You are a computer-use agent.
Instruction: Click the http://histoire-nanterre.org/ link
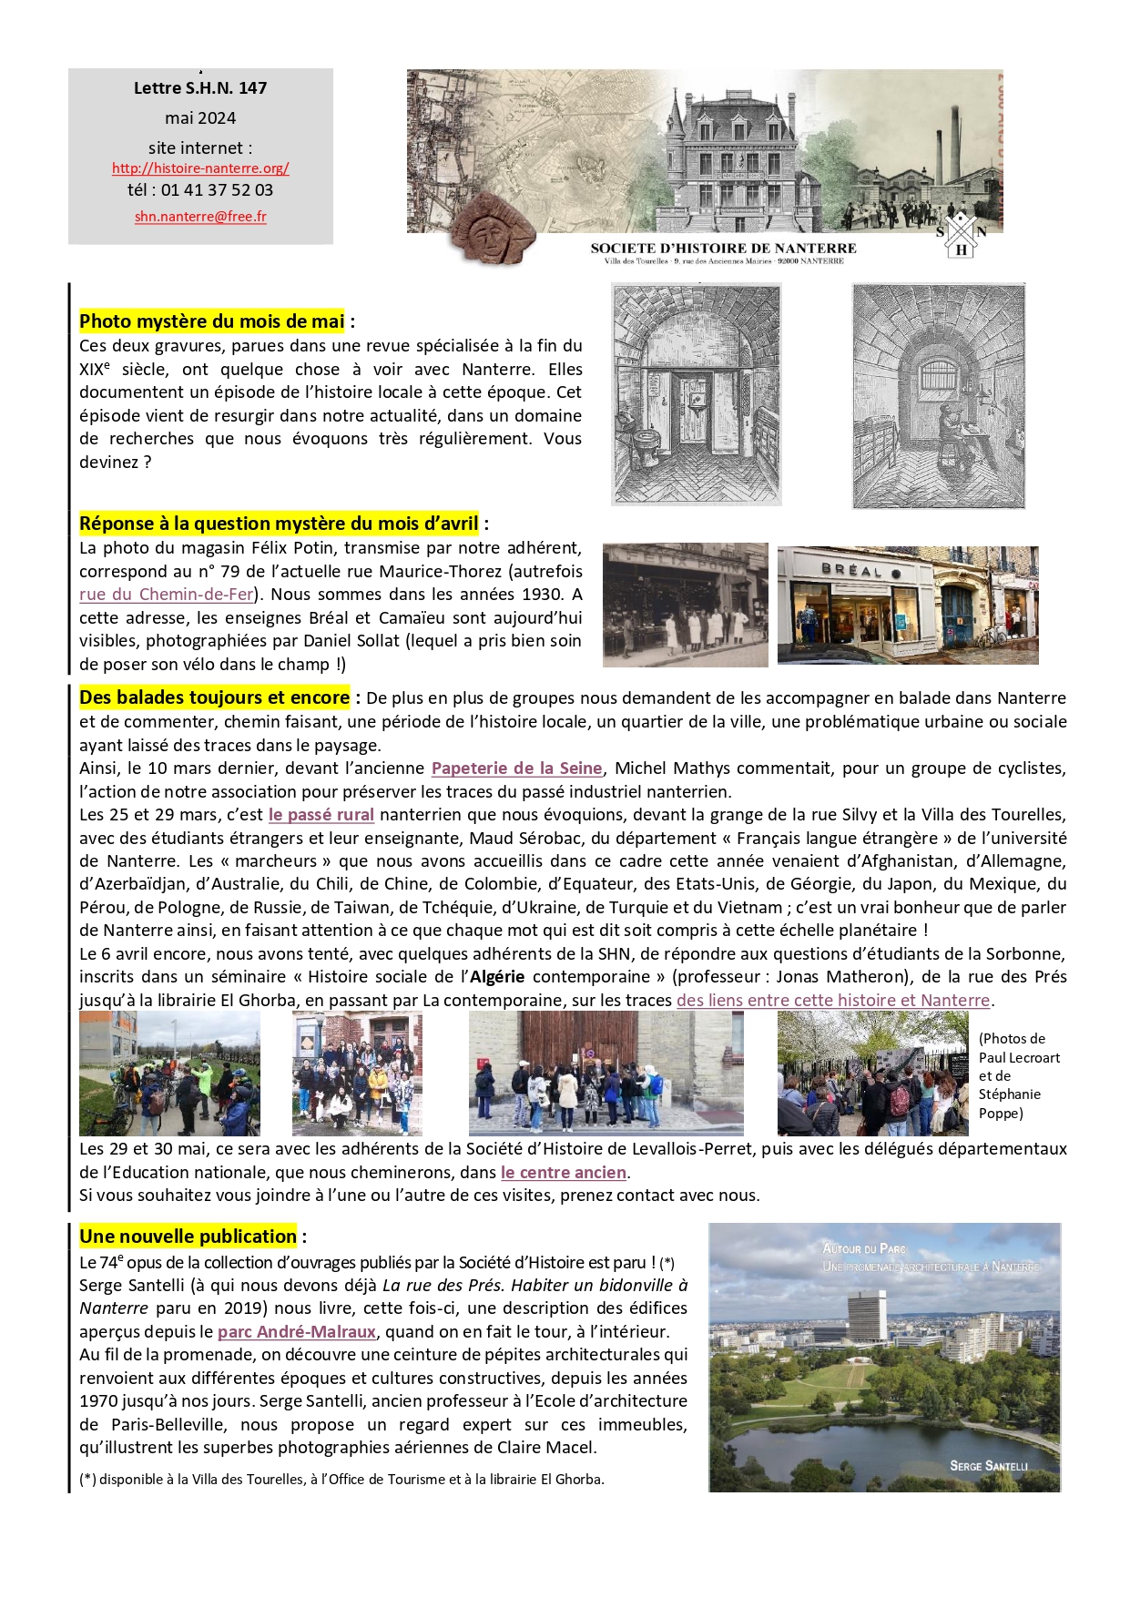(x=200, y=168)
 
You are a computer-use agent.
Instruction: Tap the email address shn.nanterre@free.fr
(x=200, y=217)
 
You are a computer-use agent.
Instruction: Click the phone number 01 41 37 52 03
(x=217, y=190)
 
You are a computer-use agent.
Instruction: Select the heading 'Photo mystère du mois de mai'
(x=211, y=321)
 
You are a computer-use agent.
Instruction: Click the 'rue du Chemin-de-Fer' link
(x=166, y=595)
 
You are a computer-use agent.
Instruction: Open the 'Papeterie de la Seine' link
(x=516, y=768)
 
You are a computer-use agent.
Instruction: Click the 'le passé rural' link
(x=321, y=815)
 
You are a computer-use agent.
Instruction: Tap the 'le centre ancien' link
(x=563, y=1173)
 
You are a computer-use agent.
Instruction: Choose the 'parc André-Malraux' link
(x=296, y=1332)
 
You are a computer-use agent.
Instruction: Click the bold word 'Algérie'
(x=497, y=977)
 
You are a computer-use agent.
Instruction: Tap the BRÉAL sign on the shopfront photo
(x=852, y=570)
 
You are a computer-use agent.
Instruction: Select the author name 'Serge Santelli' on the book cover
(x=988, y=1466)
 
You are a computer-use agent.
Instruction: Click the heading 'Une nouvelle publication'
(x=188, y=1237)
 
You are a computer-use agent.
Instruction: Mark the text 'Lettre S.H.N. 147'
(x=200, y=88)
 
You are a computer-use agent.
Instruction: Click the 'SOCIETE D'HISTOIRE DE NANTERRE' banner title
(x=723, y=248)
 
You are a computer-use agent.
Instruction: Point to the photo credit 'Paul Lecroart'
(x=1019, y=1058)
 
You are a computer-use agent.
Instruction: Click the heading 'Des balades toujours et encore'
(x=214, y=698)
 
